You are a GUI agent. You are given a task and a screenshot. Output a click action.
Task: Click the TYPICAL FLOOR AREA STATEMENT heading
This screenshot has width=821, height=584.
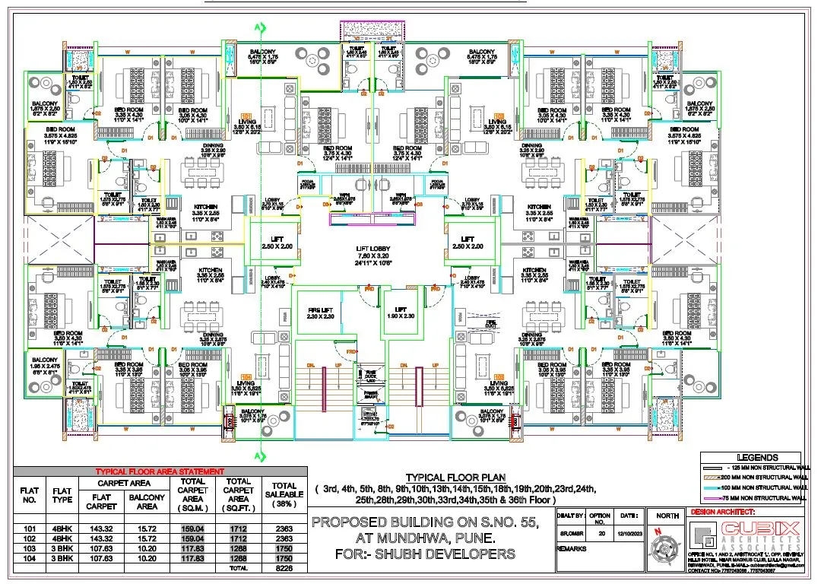click(x=160, y=471)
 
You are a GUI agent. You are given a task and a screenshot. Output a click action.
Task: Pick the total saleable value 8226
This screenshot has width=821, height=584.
click(x=284, y=568)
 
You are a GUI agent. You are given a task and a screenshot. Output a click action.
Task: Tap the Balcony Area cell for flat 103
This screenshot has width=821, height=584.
click(x=147, y=547)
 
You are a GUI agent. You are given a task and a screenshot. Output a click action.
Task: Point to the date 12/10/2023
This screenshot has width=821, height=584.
click(x=626, y=535)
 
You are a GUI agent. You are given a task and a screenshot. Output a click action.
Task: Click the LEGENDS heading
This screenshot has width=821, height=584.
click(x=758, y=458)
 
